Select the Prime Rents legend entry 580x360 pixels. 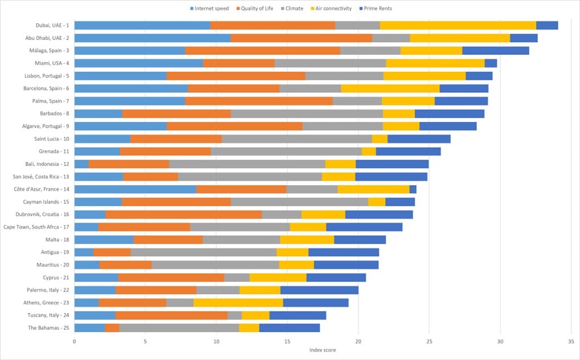378,9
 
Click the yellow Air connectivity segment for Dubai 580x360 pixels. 458,25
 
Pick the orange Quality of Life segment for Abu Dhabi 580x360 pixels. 301,38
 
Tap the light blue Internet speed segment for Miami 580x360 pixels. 138,63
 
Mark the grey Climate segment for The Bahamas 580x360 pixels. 179,328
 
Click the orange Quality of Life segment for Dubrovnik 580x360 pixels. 183,214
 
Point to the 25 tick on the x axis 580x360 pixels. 430,341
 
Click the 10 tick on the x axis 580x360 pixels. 217,341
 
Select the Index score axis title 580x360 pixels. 322,349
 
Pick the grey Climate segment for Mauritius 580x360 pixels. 215,264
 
